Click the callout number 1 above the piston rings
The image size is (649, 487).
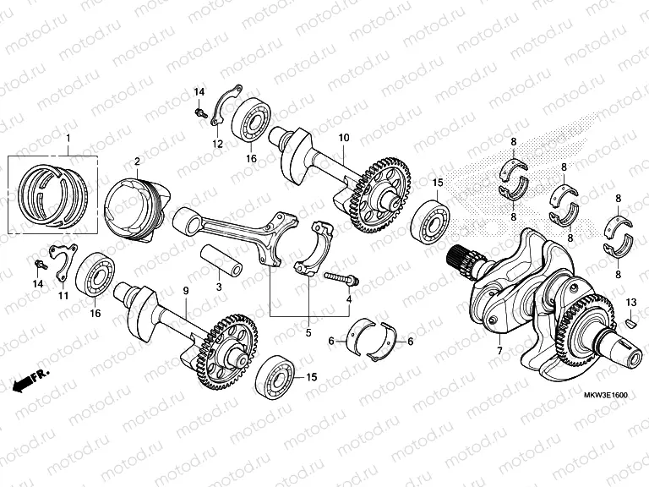click(x=68, y=139)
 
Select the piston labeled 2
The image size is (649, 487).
click(x=133, y=205)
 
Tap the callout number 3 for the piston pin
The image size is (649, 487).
click(x=218, y=288)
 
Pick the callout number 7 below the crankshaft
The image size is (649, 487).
click(x=499, y=351)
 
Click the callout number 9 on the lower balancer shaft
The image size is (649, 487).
click(x=185, y=291)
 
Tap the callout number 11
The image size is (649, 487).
click(x=63, y=295)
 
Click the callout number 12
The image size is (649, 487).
click(x=217, y=145)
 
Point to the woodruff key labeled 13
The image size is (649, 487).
click(x=632, y=322)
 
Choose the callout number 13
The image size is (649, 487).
click(x=631, y=302)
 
